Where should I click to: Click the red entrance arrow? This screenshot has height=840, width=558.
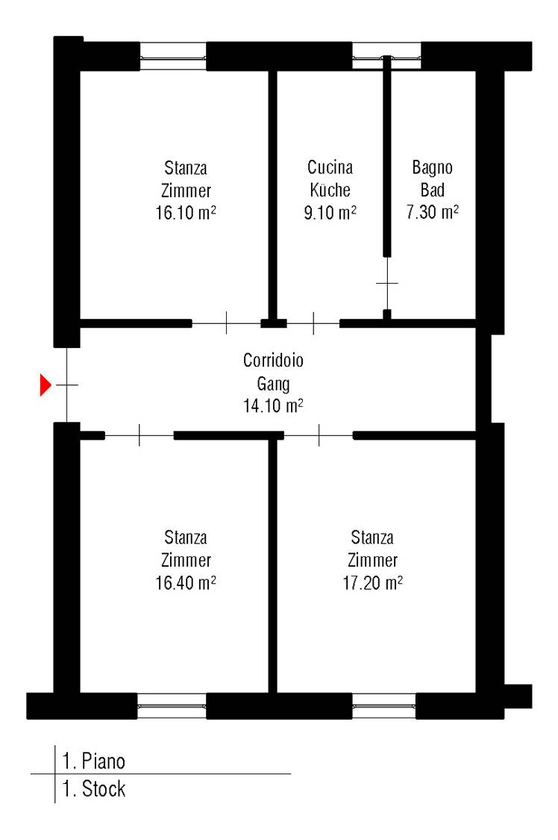click(x=46, y=385)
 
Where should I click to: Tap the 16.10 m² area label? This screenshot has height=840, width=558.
click(x=186, y=213)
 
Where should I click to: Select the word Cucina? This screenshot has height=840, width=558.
click(x=330, y=167)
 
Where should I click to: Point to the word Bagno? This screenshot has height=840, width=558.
click(x=432, y=168)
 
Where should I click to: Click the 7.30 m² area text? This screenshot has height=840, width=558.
click(x=432, y=212)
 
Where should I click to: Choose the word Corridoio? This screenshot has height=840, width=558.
click(x=273, y=360)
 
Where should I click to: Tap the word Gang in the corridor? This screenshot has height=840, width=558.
click(x=273, y=384)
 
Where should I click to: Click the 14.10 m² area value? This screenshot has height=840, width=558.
click(x=273, y=405)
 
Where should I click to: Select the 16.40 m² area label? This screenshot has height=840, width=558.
click(x=186, y=582)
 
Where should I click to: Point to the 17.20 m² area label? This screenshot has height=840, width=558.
click(x=372, y=582)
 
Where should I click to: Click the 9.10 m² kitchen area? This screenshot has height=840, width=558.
click(x=330, y=213)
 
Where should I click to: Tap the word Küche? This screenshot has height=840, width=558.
click(x=330, y=190)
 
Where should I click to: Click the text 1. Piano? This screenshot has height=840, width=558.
click(x=94, y=761)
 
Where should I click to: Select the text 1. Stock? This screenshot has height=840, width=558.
click(x=94, y=788)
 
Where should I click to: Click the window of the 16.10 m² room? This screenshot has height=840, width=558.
click(x=173, y=57)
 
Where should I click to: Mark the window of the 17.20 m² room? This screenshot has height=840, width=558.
click(x=384, y=706)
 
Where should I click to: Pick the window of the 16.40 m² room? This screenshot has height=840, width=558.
click(x=172, y=706)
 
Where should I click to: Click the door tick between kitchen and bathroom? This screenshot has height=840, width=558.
click(x=387, y=283)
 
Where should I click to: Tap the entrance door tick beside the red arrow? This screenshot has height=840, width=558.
click(x=67, y=385)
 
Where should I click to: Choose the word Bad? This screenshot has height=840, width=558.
click(x=432, y=190)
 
